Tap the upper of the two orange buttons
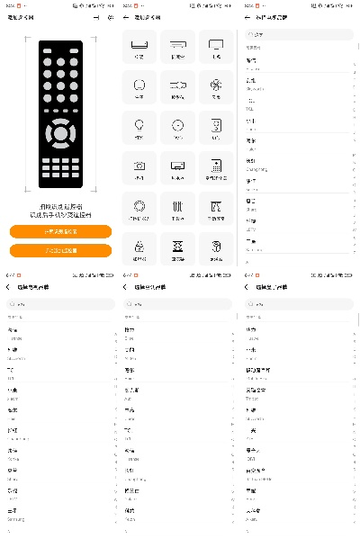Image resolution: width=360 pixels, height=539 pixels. [x=61, y=231]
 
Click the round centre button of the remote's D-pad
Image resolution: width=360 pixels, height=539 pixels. [x=60, y=134]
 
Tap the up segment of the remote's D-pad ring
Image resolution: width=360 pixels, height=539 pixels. [x=60, y=119]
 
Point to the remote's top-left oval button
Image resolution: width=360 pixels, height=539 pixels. [x=45, y=53]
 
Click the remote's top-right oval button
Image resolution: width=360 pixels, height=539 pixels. [x=76, y=53]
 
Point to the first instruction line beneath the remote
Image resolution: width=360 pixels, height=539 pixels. [x=60, y=206]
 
